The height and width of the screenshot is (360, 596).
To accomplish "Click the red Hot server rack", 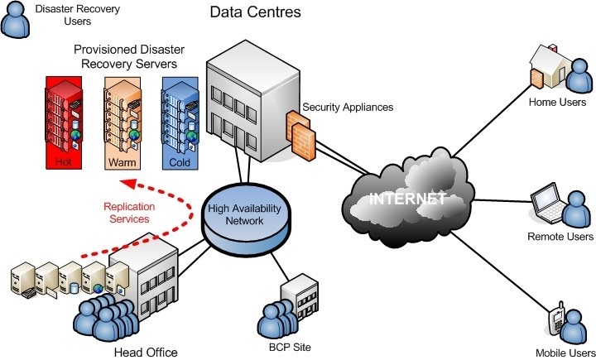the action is coord(64,122).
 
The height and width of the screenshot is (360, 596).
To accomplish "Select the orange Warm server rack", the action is coord(123,122).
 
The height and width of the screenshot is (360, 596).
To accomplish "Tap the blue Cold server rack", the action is coord(180,122).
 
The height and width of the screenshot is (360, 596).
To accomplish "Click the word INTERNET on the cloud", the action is coord(407,199).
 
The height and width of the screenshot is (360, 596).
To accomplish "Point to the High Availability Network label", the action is coord(244,214).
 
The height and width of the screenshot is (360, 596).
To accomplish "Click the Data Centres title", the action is coord(256,12).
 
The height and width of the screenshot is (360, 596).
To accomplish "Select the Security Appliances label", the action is coord(348,108).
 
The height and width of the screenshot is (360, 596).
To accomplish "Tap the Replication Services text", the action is coord(129,213).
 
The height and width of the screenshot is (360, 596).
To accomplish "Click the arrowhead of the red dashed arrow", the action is coord(128,184).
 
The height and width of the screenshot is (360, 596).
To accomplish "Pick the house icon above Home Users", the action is coord(550,65).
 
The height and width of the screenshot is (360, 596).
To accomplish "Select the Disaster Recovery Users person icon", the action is coord(15,20).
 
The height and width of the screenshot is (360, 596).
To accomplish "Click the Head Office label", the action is coord(146,353).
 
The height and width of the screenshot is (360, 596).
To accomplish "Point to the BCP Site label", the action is coord(290,347).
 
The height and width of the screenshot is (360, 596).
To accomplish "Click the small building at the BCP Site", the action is coord(300,297).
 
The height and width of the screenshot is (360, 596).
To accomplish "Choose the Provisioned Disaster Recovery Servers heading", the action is coord(129,56).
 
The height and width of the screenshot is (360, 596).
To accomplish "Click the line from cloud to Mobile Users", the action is coord(500,272).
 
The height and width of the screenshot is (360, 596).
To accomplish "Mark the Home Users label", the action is coord(557,102).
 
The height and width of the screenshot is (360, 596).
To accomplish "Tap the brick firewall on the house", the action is coord(536,79).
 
